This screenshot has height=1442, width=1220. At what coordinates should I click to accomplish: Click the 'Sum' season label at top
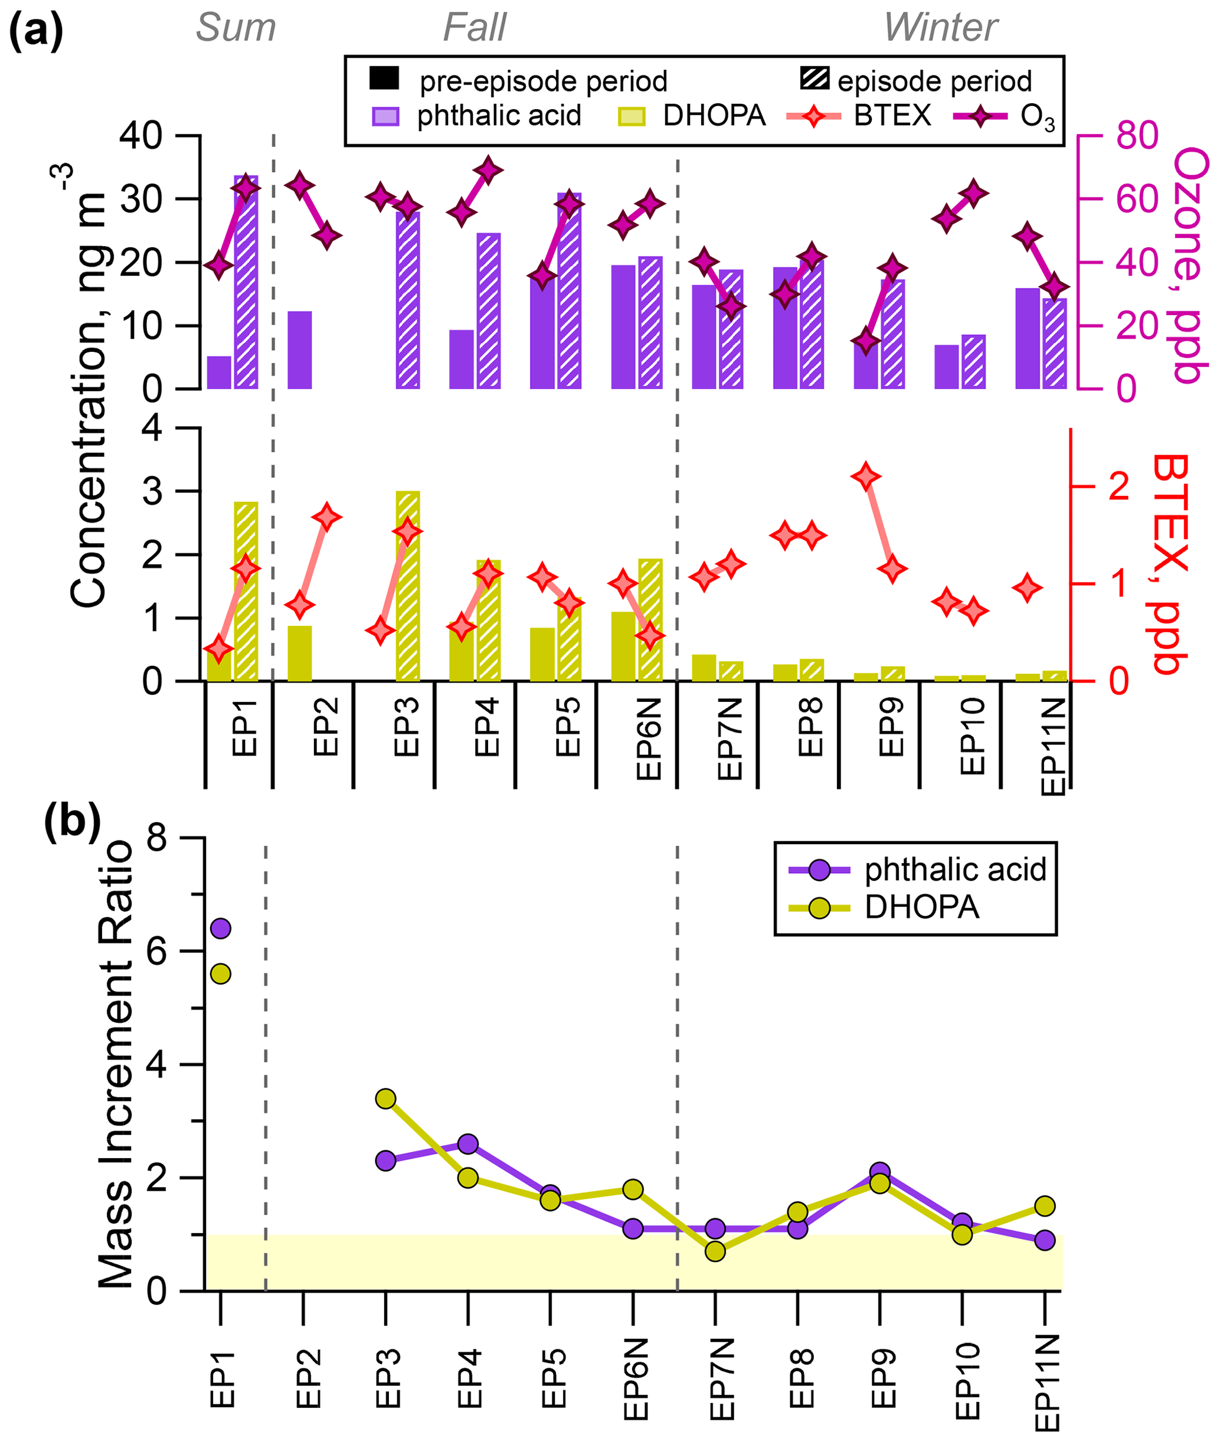[236, 28]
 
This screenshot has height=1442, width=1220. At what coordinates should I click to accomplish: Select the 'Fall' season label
[475, 28]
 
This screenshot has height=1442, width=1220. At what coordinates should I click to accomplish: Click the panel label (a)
[35, 31]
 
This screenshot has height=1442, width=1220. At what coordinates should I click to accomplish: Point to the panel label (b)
[72, 822]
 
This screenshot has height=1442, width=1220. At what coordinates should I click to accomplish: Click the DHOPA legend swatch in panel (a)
[631, 116]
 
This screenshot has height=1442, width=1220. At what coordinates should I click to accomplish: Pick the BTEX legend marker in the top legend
[814, 116]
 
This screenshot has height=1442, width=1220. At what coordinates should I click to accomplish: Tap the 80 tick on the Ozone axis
[1137, 136]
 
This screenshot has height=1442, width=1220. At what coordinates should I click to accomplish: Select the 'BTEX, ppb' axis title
[1170, 564]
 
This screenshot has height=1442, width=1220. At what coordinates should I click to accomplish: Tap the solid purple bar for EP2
[299, 350]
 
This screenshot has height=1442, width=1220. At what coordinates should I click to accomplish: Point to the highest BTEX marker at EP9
[866, 476]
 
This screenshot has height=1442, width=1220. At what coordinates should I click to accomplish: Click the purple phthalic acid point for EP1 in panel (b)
[221, 928]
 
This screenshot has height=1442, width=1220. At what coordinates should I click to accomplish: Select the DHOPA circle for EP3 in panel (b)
[386, 1098]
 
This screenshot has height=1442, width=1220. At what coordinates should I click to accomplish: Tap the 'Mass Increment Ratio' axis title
[116, 1064]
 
